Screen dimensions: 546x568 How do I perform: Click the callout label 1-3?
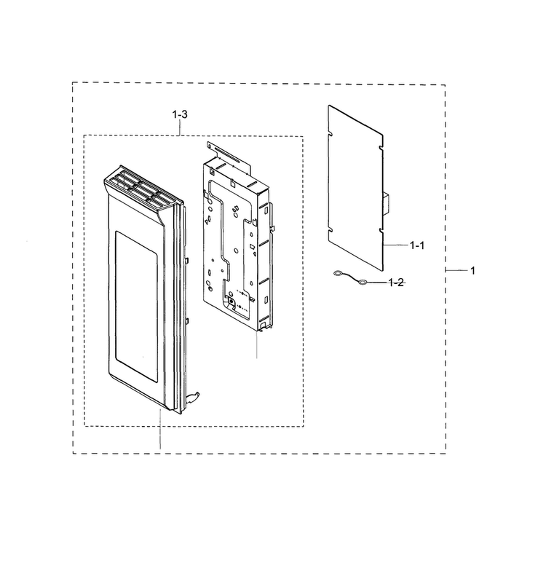(180, 114)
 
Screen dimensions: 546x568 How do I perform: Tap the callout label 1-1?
(416, 245)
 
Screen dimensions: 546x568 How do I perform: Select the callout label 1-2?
(396, 283)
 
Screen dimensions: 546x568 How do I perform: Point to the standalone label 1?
(472, 270)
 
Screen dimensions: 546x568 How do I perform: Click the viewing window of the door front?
(136, 307)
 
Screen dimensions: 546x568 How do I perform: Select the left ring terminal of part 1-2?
(337, 274)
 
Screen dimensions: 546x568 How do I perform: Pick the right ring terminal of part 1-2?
(362, 283)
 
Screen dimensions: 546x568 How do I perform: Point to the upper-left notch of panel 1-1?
(330, 133)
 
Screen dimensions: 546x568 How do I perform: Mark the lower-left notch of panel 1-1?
(330, 230)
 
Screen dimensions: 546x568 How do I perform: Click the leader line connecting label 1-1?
(395, 245)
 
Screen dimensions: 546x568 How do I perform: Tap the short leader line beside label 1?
(456, 270)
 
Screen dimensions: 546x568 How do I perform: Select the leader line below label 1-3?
(180, 127)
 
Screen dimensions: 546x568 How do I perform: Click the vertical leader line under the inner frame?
(257, 344)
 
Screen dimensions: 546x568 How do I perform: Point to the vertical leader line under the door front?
(160, 429)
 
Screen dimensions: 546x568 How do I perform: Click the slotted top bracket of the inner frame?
(229, 156)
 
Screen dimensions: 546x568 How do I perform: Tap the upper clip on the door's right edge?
(186, 260)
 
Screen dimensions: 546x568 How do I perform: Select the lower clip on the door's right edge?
(186, 321)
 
